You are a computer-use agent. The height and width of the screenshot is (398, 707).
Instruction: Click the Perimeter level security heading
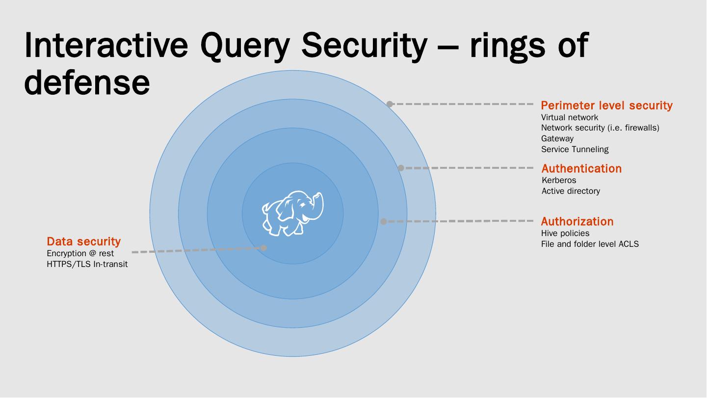click(606, 106)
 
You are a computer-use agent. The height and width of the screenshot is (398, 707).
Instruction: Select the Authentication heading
click(581, 168)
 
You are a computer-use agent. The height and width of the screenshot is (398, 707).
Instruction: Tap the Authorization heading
click(577, 221)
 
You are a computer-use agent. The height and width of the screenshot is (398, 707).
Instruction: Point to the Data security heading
click(83, 241)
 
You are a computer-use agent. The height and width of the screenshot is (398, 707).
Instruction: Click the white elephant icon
click(293, 213)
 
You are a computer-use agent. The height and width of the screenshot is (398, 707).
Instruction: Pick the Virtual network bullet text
click(570, 117)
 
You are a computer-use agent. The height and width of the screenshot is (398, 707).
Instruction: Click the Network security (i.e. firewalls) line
click(600, 128)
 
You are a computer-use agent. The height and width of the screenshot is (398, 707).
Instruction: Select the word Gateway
click(557, 138)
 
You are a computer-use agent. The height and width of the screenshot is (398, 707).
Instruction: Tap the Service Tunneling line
click(575, 149)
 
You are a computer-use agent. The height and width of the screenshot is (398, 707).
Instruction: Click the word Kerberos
click(559, 180)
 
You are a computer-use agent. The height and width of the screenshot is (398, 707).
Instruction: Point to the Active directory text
click(571, 191)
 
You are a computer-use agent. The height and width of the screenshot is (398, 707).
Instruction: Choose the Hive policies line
click(565, 233)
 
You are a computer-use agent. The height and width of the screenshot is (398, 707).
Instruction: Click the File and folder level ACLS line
click(590, 244)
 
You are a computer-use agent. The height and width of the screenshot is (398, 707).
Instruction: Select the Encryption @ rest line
click(80, 253)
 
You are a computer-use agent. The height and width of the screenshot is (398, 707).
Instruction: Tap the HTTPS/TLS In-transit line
click(87, 264)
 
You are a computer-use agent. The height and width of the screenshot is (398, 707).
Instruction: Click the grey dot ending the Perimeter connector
click(390, 104)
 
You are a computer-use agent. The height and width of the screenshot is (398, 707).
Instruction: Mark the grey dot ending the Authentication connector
click(401, 168)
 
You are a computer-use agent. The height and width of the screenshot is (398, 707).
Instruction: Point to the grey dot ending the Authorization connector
click(384, 222)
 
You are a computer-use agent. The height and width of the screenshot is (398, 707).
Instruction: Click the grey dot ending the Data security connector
click(263, 248)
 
